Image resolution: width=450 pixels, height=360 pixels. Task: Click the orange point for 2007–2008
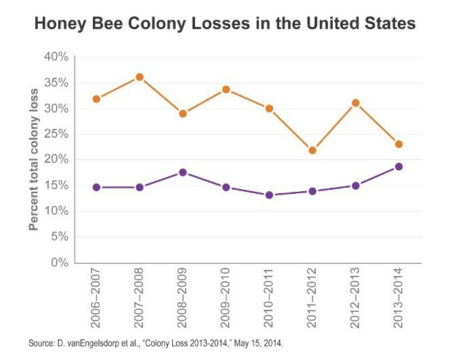140,77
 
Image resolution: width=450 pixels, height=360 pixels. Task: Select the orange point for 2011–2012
312,150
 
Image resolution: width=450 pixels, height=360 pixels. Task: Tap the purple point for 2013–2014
399,166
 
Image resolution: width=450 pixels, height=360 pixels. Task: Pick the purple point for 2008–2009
183,172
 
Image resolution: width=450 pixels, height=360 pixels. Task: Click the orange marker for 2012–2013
356,103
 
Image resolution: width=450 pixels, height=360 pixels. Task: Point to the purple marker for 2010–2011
269,195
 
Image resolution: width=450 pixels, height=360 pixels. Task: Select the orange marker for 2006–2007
96,99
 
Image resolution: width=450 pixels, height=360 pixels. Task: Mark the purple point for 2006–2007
96,187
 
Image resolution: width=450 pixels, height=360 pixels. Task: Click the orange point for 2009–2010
226,89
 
